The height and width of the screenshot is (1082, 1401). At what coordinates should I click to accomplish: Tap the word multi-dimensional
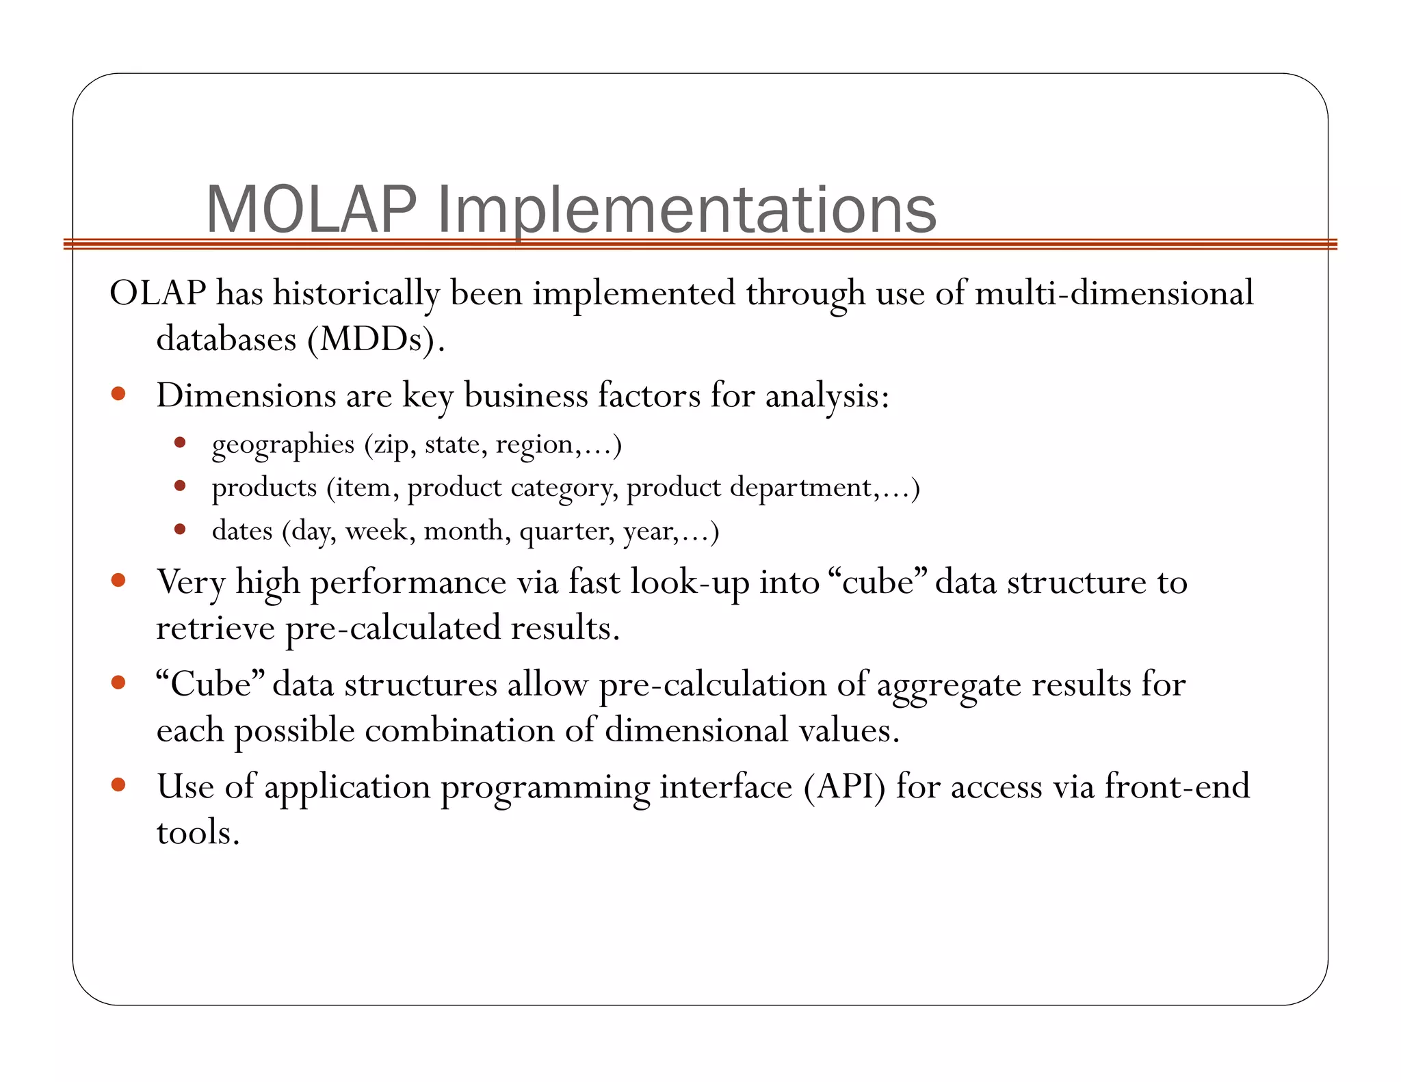click(1114, 293)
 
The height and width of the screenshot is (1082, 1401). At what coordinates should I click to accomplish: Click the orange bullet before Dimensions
click(118, 393)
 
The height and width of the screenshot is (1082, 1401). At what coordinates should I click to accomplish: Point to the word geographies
click(283, 445)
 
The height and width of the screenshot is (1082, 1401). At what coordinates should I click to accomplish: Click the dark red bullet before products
click(180, 486)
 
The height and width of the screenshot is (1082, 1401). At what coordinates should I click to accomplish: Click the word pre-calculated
click(393, 629)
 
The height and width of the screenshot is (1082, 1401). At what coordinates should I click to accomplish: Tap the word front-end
click(1177, 787)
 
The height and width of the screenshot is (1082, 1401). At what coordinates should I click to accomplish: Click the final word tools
click(197, 832)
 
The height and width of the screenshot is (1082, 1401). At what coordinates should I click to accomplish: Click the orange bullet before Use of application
click(118, 784)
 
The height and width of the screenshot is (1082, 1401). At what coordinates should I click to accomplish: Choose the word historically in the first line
click(356, 293)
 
